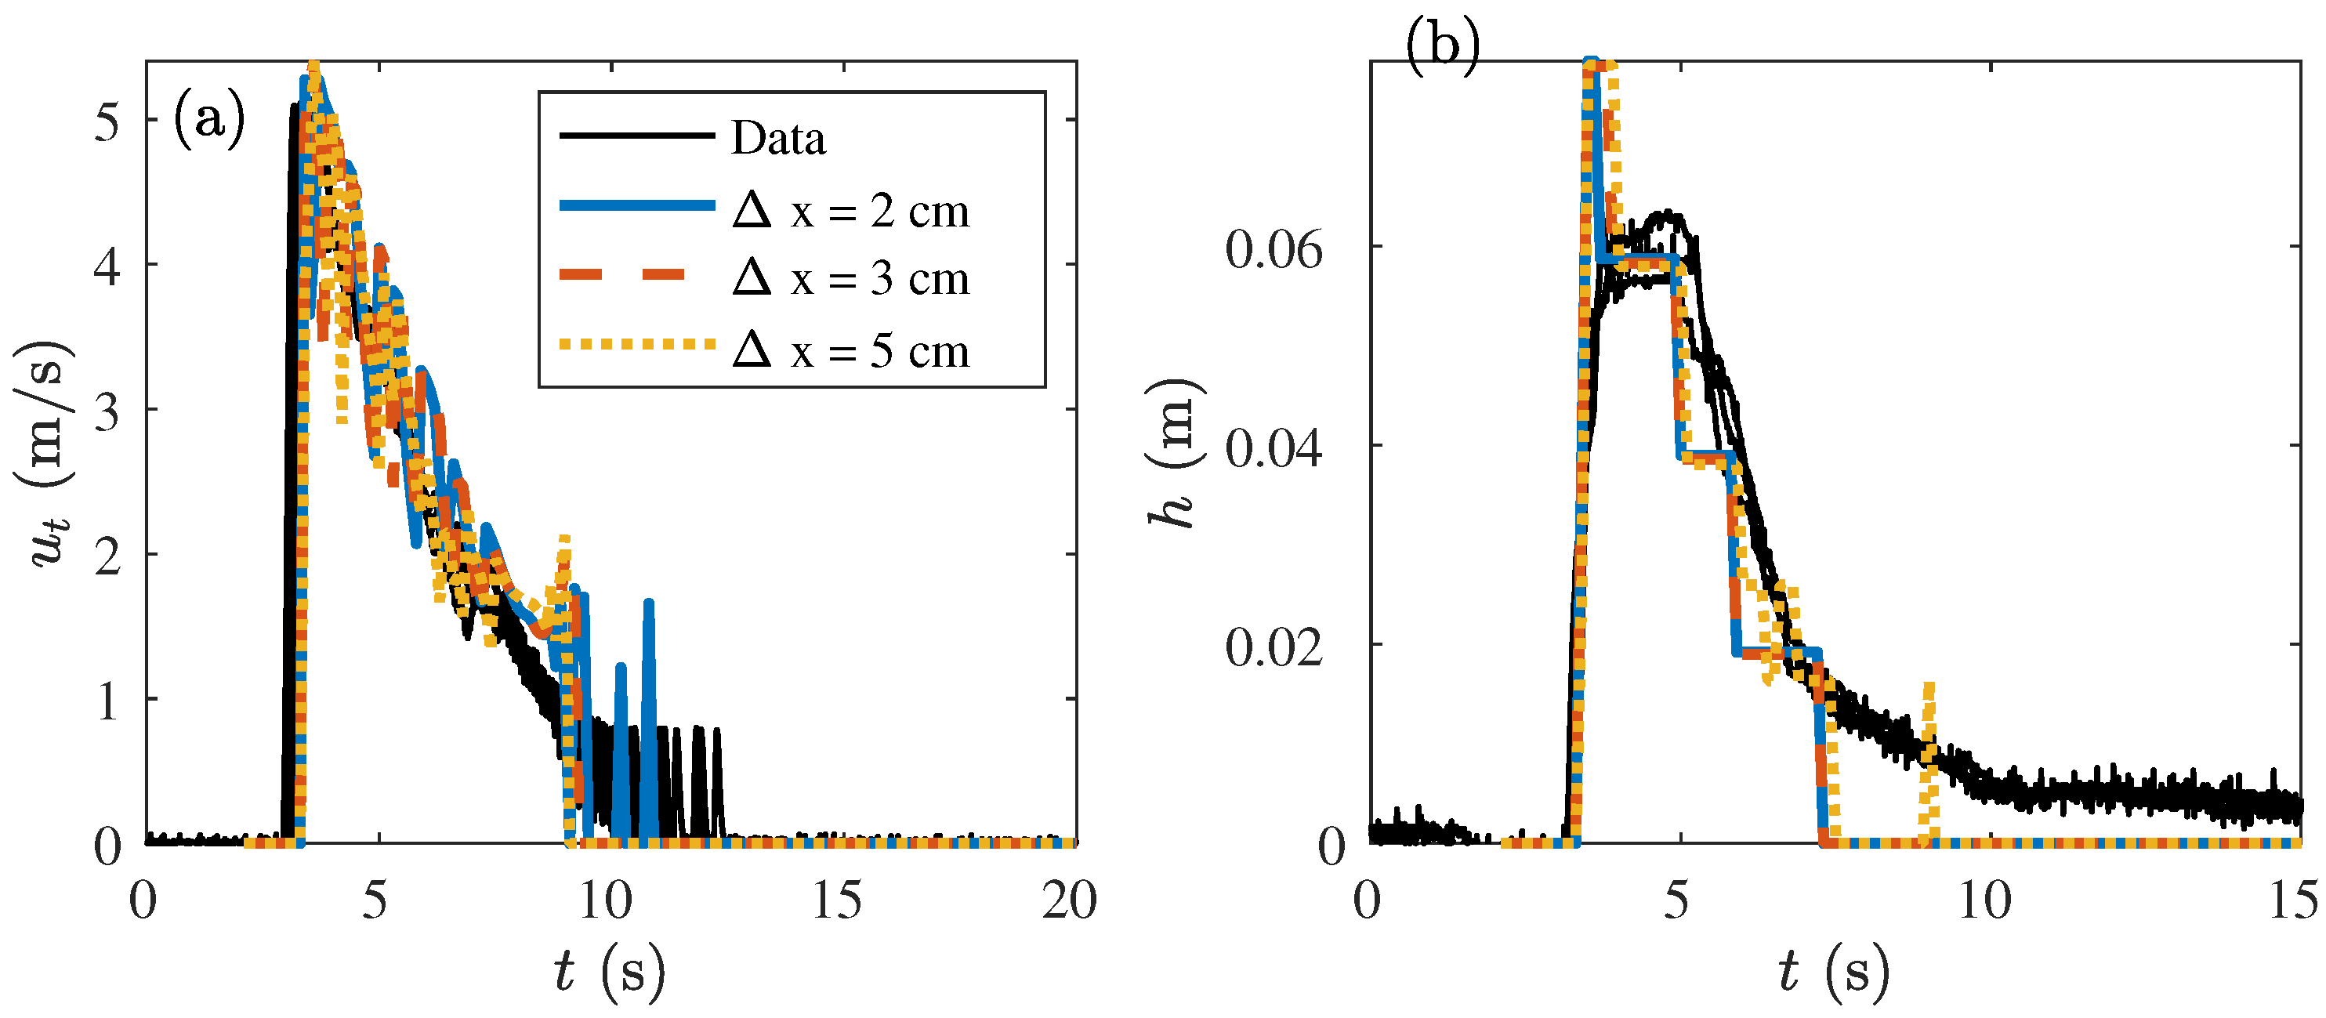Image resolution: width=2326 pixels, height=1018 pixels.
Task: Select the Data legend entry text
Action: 777,138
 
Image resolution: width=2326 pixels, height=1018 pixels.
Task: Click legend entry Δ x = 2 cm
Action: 850,211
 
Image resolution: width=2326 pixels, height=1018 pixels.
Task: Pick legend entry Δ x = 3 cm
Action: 850,278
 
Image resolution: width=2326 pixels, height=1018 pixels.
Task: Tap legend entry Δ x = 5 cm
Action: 850,350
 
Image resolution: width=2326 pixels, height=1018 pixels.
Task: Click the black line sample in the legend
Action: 636,136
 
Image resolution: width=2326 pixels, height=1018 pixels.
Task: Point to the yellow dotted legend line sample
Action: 636,344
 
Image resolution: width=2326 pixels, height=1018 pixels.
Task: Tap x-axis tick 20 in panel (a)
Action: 1069,901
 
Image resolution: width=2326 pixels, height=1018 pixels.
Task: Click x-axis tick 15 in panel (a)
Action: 837,901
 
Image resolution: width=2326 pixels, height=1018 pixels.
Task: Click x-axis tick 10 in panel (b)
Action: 1984,901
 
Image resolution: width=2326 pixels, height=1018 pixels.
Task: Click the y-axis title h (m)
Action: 1175,451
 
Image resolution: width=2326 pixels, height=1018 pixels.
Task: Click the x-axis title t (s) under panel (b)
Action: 1834,973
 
